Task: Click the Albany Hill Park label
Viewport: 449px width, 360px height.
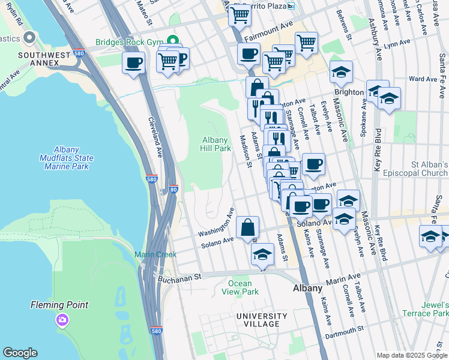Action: [x=216, y=144]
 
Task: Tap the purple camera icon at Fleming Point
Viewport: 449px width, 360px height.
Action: [x=62, y=320]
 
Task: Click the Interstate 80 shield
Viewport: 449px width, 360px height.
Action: [x=173, y=188]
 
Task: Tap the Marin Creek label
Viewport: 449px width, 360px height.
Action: [x=155, y=254]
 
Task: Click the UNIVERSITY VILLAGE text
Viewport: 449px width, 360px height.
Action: [x=262, y=320]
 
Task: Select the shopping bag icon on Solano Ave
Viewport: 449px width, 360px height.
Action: [x=247, y=228]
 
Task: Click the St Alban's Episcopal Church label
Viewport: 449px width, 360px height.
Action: [x=420, y=169]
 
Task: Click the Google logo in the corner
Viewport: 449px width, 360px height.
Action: [x=20, y=353]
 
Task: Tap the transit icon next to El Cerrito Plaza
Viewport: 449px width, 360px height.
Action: [x=291, y=6]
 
